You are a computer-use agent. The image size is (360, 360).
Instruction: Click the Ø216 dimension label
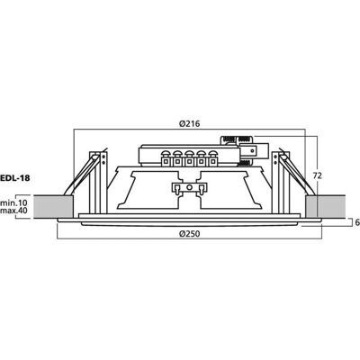click(189, 123)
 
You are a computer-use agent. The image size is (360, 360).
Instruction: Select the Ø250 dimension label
click(189, 234)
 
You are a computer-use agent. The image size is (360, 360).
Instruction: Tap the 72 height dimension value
click(317, 175)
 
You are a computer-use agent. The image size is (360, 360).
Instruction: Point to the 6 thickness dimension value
click(357, 222)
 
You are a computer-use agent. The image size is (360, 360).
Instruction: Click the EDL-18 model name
click(15, 177)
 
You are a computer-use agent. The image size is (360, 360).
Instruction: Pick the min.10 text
click(14, 202)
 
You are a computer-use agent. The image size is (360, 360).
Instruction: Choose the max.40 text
click(14, 211)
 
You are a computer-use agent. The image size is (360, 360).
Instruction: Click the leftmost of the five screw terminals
click(166, 158)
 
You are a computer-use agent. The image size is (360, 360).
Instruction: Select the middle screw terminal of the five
click(189, 158)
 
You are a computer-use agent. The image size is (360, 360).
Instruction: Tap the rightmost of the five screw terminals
click(212, 158)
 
